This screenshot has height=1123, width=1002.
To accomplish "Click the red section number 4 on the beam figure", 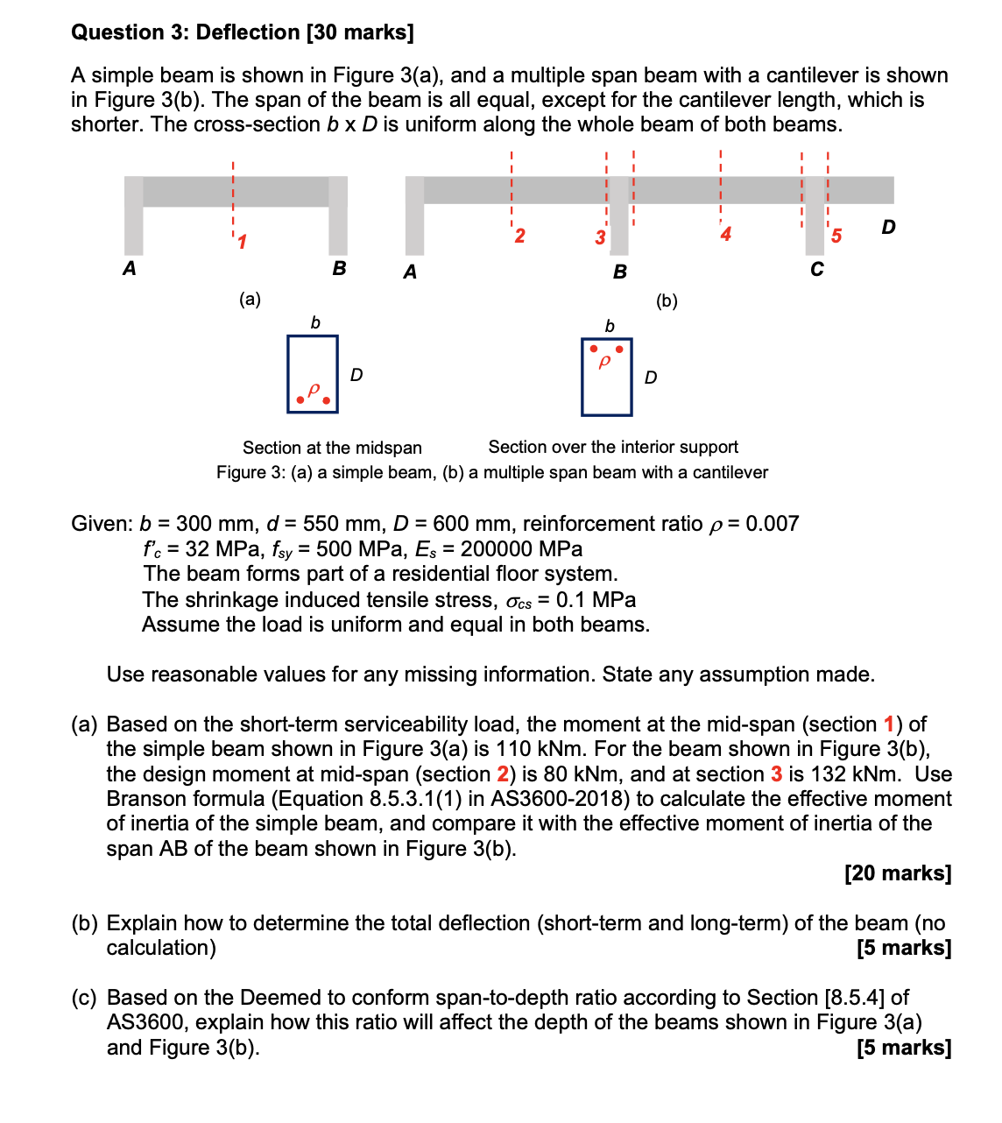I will click(x=725, y=234).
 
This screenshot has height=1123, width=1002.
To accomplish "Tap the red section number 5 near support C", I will click(x=836, y=236).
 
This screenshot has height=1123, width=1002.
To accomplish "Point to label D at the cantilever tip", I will click(x=888, y=227).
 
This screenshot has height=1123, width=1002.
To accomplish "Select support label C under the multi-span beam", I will click(x=816, y=269).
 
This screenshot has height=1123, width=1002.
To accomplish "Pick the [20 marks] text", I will click(x=898, y=873).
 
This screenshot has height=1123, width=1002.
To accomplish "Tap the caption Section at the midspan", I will click(x=332, y=448).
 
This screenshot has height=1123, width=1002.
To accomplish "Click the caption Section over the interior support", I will click(x=613, y=447).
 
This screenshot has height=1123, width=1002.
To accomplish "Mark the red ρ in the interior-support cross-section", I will click(x=604, y=361).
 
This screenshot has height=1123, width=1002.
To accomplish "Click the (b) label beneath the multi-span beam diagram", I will click(x=667, y=301).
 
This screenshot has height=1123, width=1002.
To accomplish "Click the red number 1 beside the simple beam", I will click(x=242, y=241).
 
